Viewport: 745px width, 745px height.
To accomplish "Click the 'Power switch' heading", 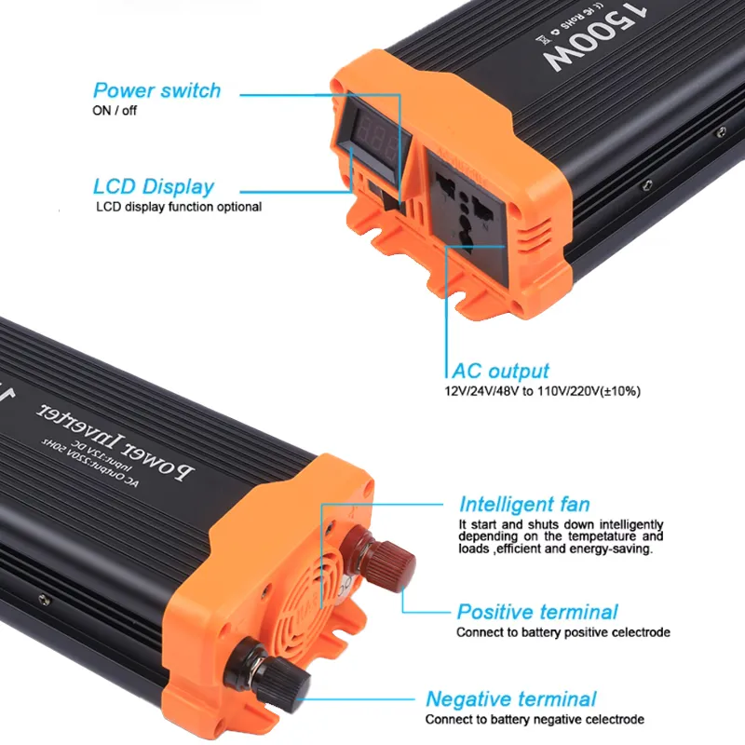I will point(156,90).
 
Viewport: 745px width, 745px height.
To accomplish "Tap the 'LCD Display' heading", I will point(154,186).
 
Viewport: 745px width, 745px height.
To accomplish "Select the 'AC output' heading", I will point(500,371).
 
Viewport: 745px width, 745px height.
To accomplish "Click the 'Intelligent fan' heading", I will point(524,505).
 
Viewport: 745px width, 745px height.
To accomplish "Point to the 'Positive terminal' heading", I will point(536,612).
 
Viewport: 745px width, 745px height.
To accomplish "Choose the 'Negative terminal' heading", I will point(510,699).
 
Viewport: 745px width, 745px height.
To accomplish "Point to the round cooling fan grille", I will point(321,597).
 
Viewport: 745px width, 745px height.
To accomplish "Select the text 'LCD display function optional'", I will point(179,207).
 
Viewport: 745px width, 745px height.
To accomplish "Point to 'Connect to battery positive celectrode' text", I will point(562,632).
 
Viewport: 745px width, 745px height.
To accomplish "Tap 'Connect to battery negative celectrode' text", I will point(535,719).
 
